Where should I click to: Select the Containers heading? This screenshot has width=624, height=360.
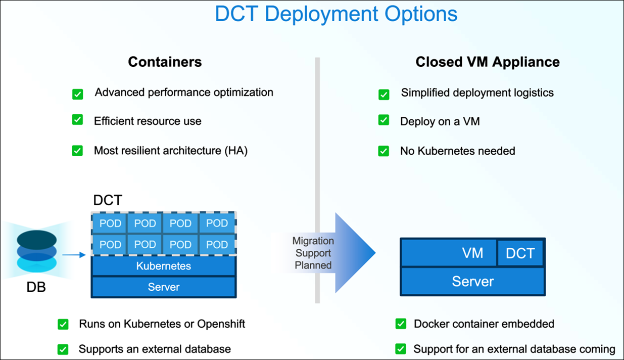click(165, 62)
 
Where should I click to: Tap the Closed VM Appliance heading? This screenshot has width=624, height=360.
click(488, 62)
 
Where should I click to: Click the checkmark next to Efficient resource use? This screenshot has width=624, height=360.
click(77, 120)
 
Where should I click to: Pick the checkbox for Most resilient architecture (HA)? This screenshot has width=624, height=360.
click(77, 150)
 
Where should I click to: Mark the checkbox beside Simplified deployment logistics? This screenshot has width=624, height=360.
click(384, 94)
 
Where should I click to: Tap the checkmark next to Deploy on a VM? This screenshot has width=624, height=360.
click(384, 120)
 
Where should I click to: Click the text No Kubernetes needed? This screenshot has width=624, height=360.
click(457, 151)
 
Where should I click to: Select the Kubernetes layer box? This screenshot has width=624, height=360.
click(163, 265)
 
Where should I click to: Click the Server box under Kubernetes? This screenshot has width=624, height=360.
click(163, 287)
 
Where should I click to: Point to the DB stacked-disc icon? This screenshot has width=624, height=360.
click(36, 252)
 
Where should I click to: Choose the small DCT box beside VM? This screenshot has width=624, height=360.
click(520, 252)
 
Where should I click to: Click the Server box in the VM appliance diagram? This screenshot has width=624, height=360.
click(472, 281)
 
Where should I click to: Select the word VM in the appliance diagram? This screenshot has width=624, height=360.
click(472, 253)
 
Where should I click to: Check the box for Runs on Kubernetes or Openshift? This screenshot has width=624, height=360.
click(63, 324)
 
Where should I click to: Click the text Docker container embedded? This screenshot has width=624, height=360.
click(484, 324)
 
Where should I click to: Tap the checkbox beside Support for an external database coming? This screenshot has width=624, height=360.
click(401, 349)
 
